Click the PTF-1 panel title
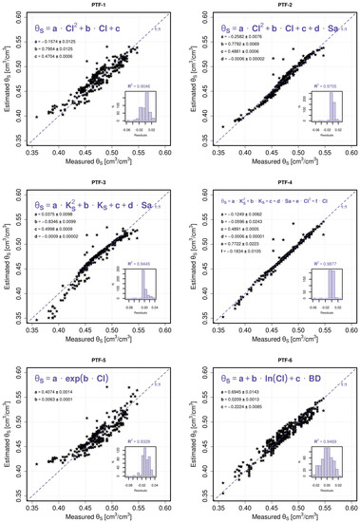[x=93, y=6]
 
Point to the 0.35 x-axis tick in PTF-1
[x=33, y=154]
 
